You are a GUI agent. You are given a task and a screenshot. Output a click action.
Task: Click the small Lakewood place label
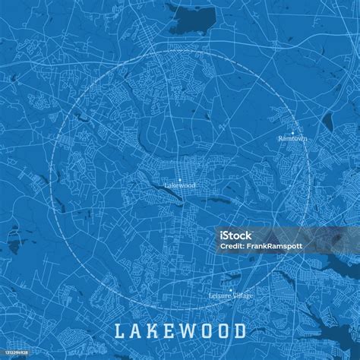[180, 185]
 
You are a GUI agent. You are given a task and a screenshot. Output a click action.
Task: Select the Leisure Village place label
[230, 295]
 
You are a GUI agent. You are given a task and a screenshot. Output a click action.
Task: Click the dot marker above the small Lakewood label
[180, 179]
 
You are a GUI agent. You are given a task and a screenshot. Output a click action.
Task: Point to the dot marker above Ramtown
[294, 133]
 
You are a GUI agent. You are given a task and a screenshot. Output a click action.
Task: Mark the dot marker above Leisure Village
[231, 289]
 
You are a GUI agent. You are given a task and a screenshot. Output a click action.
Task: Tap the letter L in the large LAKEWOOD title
[119, 331]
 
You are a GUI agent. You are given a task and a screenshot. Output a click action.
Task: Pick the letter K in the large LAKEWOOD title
[152, 331]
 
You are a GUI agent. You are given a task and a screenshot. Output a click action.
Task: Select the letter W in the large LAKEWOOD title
[185, 331]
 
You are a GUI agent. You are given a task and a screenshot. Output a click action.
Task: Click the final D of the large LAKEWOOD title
[239, 331]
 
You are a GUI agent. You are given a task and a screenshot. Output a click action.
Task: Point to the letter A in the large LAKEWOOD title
[135, 331]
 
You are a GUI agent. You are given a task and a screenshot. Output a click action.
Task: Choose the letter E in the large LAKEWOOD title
[168, 331]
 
